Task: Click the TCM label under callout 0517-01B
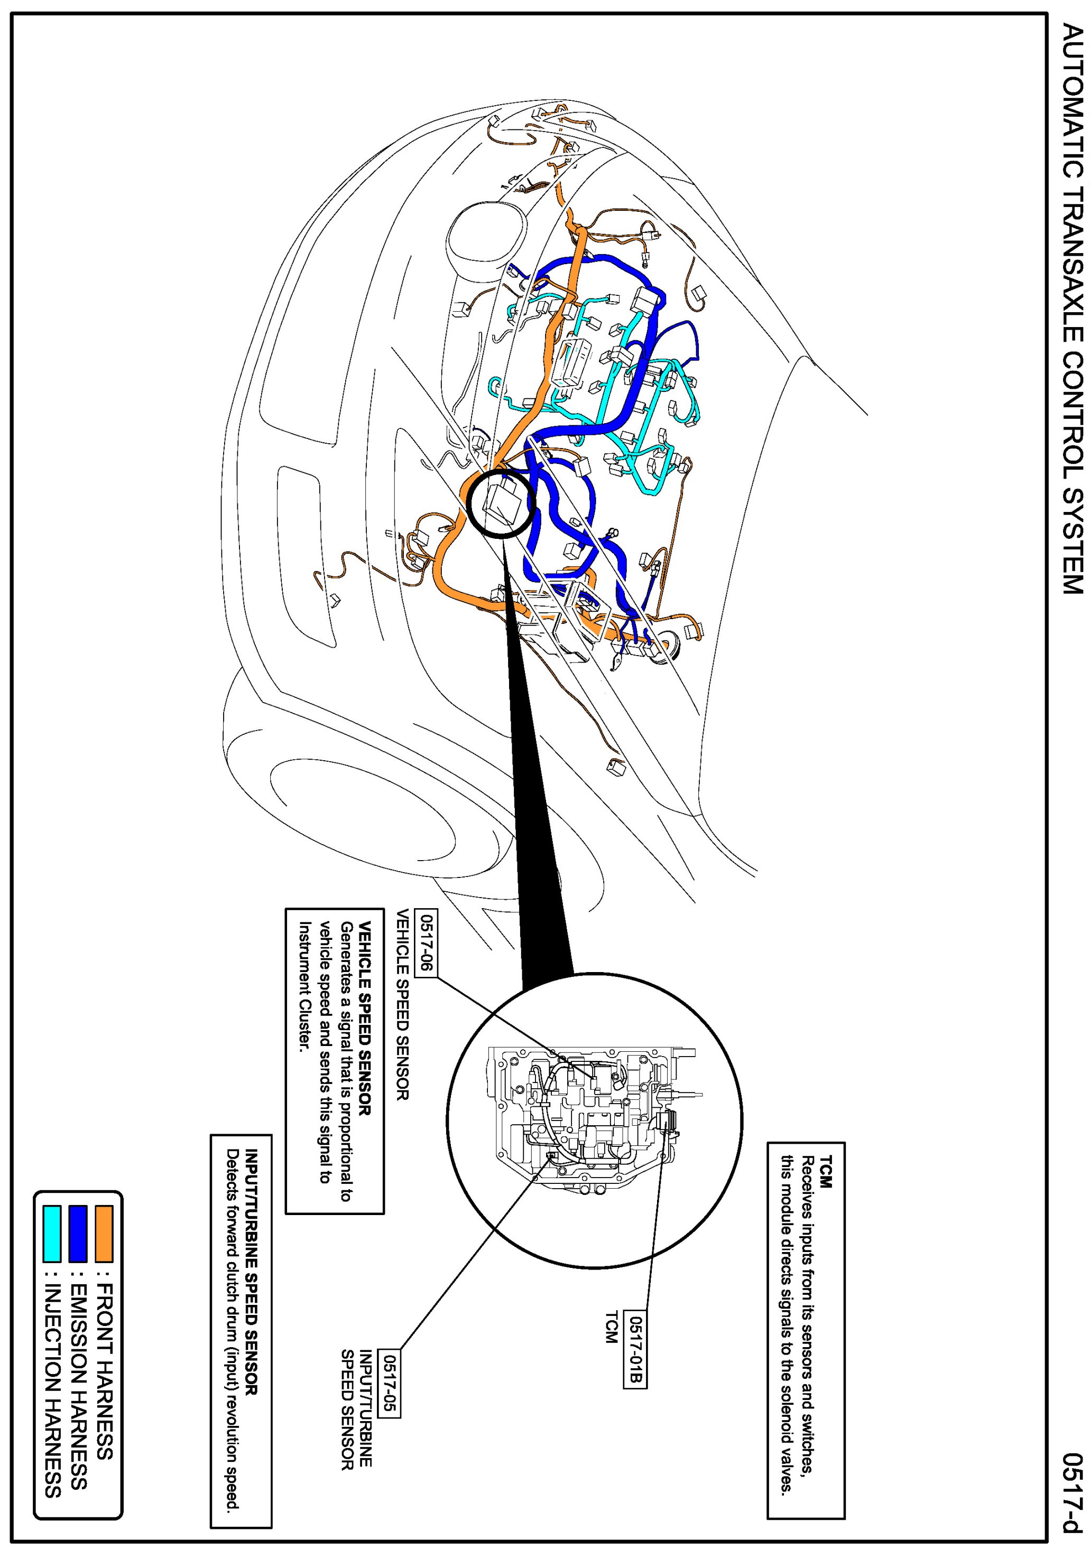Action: click(x=611, y=1327)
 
